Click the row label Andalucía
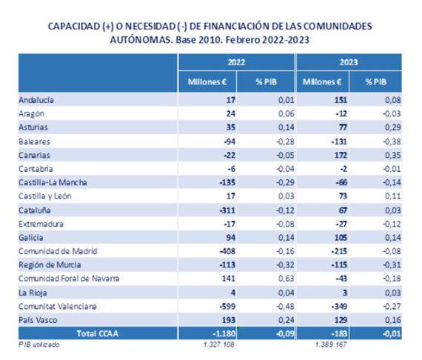36,100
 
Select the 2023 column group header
349,62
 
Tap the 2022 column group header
236,62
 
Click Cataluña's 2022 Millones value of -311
227,210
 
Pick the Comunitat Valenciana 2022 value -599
227,306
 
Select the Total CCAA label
98,333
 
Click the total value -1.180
224,333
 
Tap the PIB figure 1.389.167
331,344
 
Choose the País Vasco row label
38,320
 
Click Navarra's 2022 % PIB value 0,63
286,278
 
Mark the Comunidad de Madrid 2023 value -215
339,251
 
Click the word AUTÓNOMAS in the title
141,40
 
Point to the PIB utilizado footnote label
39,344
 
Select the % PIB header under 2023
375,81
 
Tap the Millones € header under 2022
207,81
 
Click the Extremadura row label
41,224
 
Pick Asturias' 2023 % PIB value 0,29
392,127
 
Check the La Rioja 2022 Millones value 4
233,293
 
